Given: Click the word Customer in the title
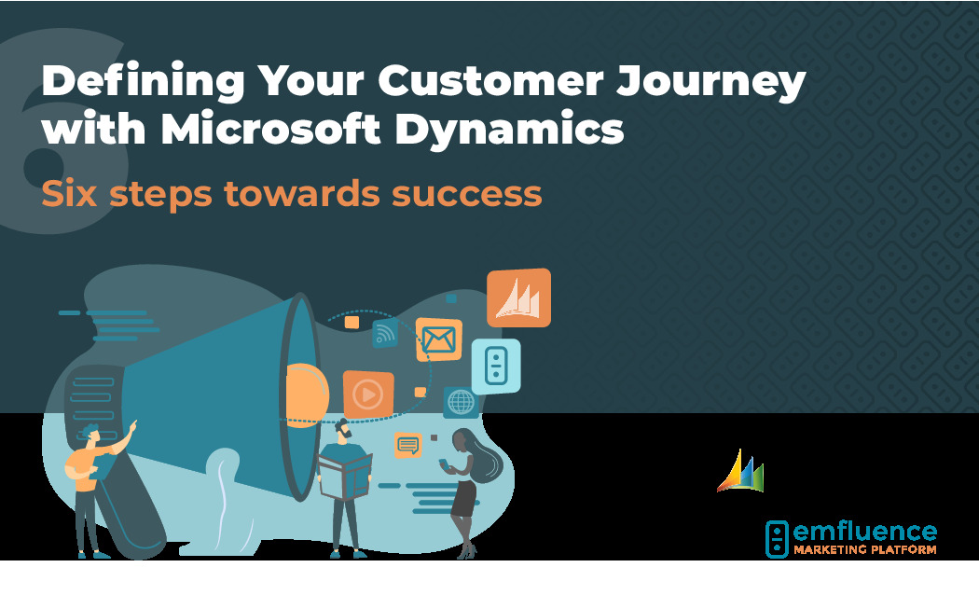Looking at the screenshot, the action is [x=490, y=81].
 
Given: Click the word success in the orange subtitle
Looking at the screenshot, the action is [x=466, y=194].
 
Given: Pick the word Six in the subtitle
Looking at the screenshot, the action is [x=69, y=193].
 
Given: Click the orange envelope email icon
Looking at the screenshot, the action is [x=439, y=339].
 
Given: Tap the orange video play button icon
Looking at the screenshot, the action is [x=367, y=394].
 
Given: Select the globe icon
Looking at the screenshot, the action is [x=461, y=402].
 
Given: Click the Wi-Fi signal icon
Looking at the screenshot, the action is [x=385, y=333].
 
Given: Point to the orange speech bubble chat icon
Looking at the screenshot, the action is [x=408, y=446].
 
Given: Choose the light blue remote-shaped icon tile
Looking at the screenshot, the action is [x=496, y=367].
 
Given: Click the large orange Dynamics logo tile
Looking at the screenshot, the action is [x=518, y=297].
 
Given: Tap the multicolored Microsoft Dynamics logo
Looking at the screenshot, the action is [x=740, y=471].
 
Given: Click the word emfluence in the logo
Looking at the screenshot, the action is [x=864, y=532].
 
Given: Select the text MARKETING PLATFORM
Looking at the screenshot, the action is [x=864, y=550].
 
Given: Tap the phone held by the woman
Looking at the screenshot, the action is [x=443, y=464].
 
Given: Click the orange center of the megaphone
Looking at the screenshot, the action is [x=307, y=395].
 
